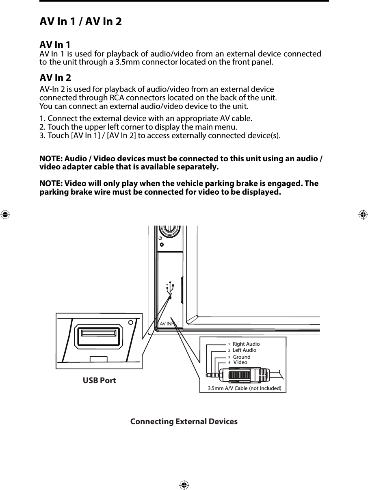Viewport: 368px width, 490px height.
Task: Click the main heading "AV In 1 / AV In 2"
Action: tap(80, 22)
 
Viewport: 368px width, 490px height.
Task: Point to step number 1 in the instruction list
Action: tap(42, 119)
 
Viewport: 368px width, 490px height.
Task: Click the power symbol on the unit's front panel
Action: tap(160, 238)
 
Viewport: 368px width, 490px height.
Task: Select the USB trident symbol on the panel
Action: tap(170, 286)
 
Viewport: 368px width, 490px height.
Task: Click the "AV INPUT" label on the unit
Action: tap(170, 324)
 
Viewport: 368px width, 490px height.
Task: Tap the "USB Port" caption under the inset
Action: tap(99, 381)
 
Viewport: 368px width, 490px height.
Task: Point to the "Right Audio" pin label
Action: tap(246, 344)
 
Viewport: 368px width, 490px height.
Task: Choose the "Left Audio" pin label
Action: tap(244, 350)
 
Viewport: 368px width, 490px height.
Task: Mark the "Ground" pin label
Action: tap(242, 357)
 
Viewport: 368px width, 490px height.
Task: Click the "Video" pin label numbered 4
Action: tap(240, 362)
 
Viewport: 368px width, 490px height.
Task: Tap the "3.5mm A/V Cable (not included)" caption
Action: tap(244, 388)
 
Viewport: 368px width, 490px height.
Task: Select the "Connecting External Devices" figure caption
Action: tap(184, 422)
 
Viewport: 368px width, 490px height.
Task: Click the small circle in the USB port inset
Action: tap(130, 323)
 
